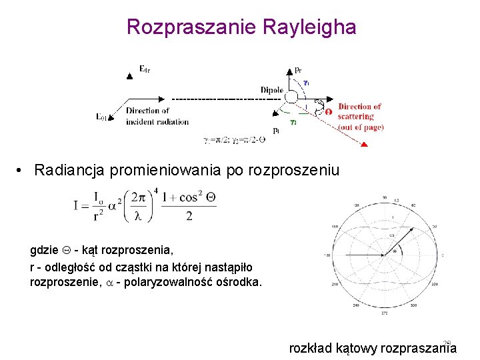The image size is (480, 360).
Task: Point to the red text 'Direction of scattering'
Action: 360,111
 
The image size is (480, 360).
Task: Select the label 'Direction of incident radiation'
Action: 157,116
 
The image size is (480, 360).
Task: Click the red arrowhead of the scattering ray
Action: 366,145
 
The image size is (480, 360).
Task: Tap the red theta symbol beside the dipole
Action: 328,112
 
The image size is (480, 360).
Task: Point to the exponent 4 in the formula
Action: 156,191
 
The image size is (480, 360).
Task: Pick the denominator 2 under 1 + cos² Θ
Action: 189,217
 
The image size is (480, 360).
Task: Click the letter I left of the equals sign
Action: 77,207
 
